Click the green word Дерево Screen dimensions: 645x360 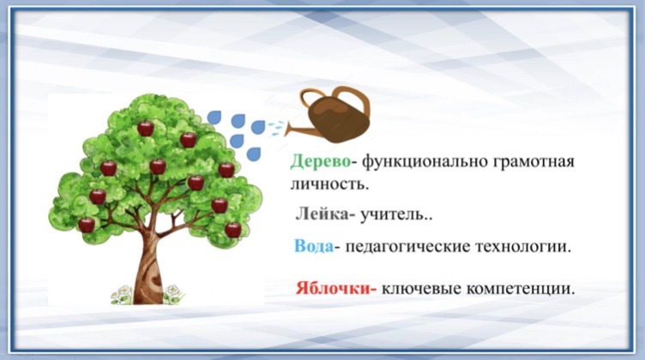tap(320, 161)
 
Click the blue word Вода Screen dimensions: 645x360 tap(313, 246)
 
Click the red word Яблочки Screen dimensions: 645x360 tap(333, 288)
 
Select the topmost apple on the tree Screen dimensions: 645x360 tap(145, 129)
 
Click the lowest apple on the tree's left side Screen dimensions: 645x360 tap(87, 225)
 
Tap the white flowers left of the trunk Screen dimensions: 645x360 tap(121, 296)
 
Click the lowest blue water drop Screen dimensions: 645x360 tap(253, 154)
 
